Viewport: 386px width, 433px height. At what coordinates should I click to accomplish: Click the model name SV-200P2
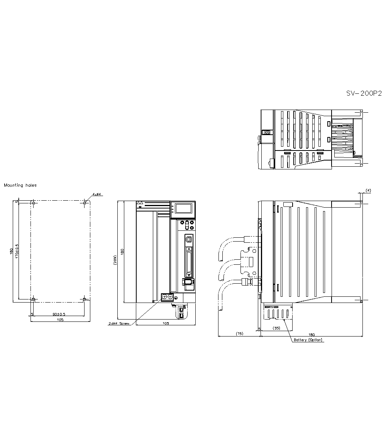pyautogui.click(x=364, y=93)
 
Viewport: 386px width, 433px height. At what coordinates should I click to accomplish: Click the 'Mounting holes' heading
pyautogui.click(x=20, y=185)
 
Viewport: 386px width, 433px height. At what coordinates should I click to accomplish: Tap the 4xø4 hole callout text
pyautogui.click(x=96, y=195)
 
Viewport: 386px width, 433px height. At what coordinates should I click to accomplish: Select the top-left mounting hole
pyautogui.click(x=34, y=203)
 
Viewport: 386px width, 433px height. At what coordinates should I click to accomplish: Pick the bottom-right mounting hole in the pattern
pyautogui.click(x=85, y=299)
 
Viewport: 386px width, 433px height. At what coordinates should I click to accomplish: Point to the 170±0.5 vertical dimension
pyautogui.click(x=17, y=251)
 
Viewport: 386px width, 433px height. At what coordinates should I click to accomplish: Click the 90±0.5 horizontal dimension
pyautogui.click(x=59, y=314)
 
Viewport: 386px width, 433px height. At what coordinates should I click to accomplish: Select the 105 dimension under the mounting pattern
pyautogui.click(x=60, y=320)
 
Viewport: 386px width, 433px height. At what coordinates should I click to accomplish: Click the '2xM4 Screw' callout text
pyautogui.click(x=119, y=323)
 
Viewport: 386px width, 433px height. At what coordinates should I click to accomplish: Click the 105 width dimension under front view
pyautogui.click(x=166, y=323)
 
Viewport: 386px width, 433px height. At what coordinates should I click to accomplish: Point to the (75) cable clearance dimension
pyautogui.click(x=239, y=334)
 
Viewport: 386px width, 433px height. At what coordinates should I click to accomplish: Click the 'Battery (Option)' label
pyautogui.click(x=308, y=340)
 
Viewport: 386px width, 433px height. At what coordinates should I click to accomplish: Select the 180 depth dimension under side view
pyautogui.click(x=312, y=334)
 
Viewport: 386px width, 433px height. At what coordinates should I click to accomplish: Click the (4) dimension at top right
pyautogui.click(x=368, y=191)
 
